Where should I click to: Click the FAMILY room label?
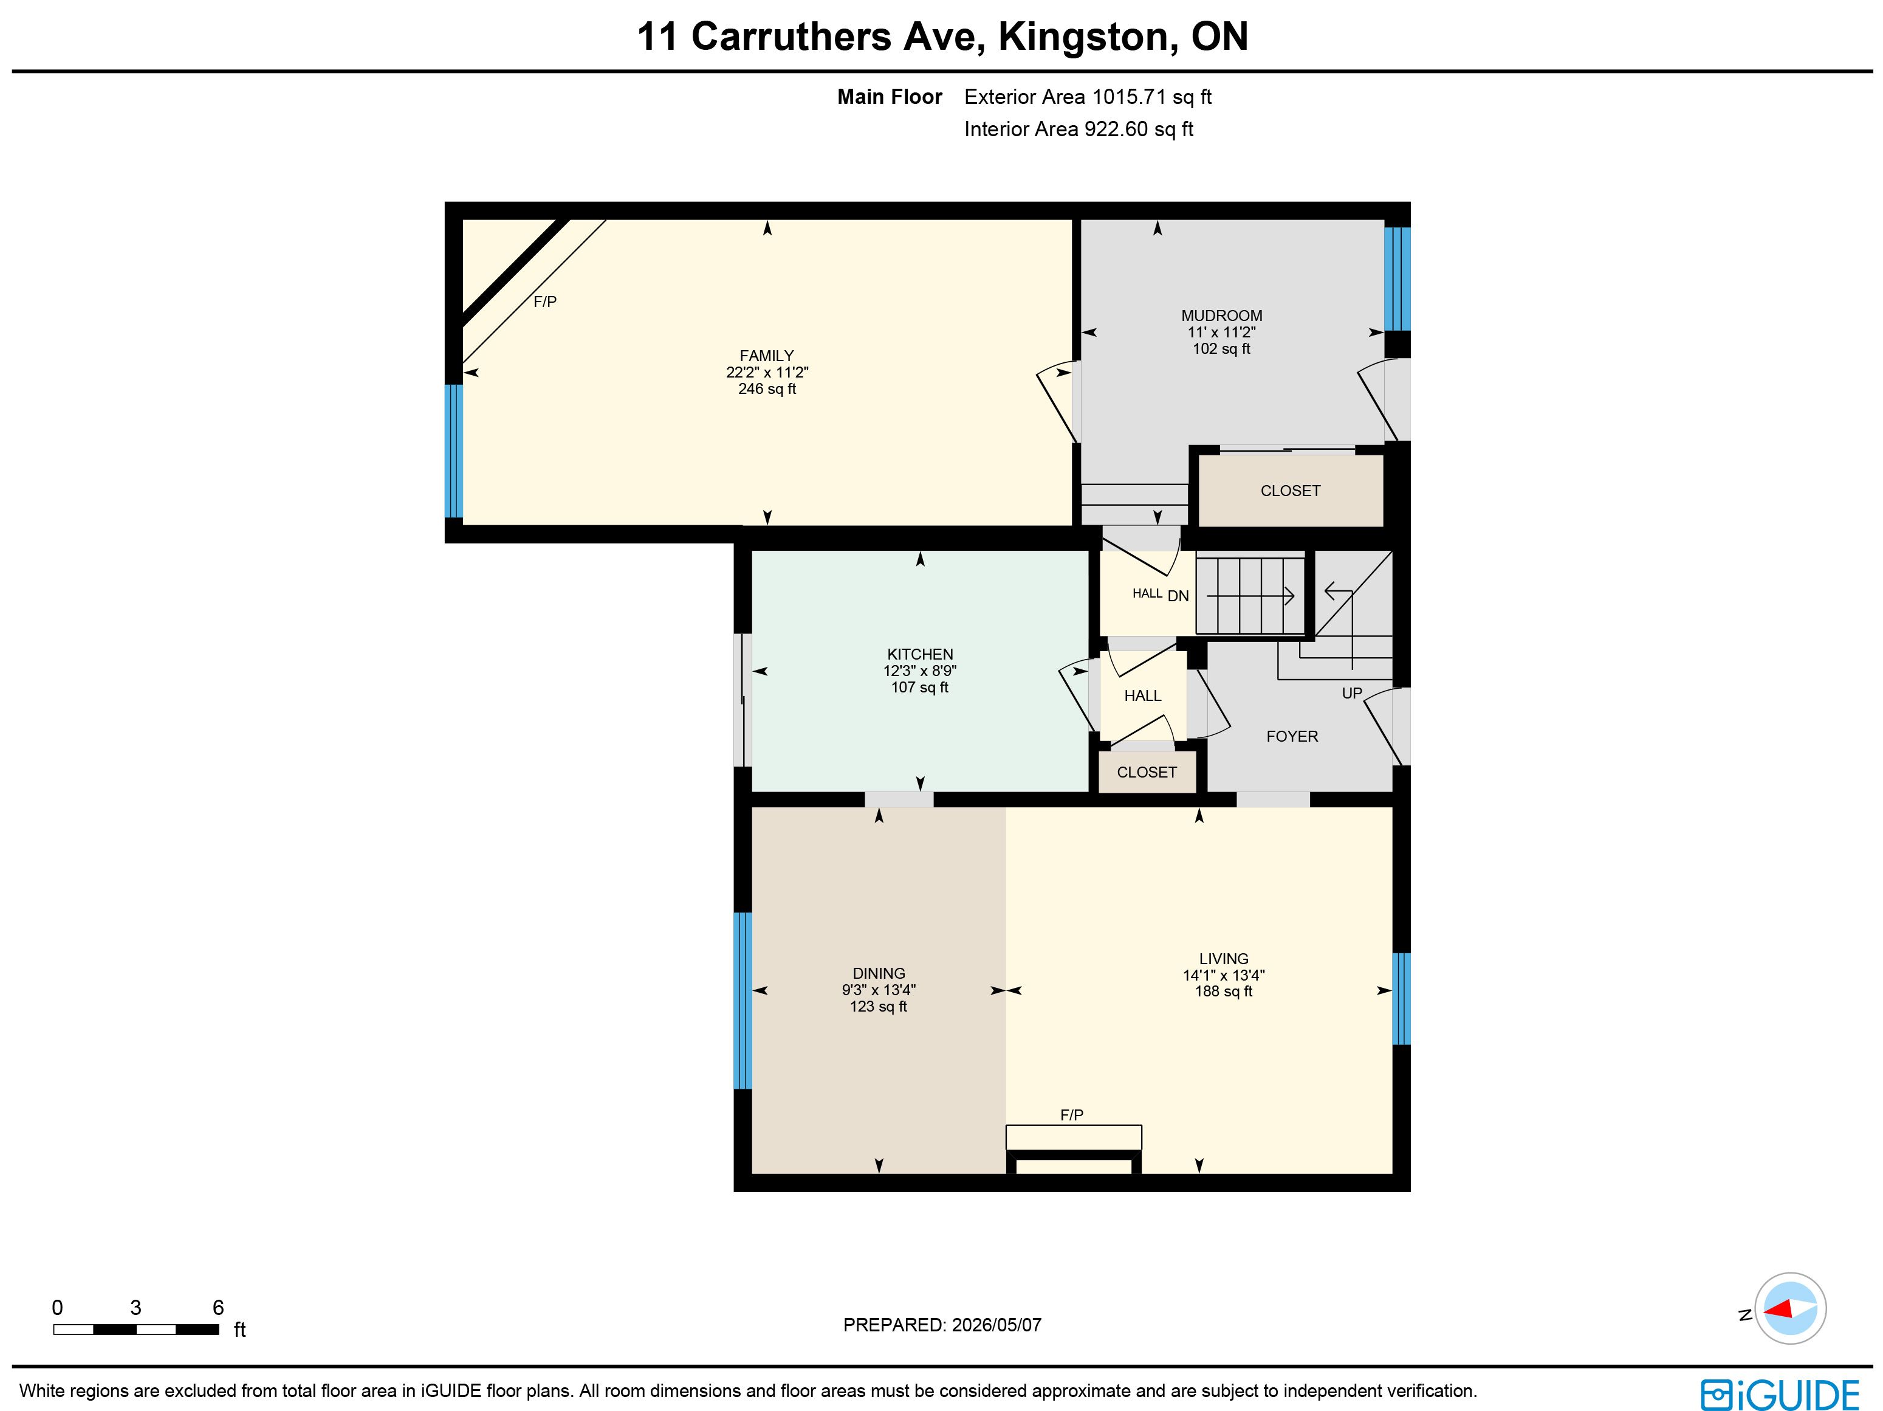coord(766,356)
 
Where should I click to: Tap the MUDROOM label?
coord(1221,316)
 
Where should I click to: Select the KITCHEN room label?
coord(920,654)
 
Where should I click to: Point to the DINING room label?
coord(879,973)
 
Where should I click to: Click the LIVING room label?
coord(1223,959)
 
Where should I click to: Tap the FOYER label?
coord(1291,737)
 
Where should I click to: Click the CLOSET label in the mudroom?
coord(1291,491)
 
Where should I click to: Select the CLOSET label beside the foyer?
coord(1147,772)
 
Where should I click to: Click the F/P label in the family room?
coord(545,302)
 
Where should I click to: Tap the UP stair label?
coord(1352,693)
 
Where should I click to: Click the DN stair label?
coord(1178,596)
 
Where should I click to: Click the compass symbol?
coord(1790,1308)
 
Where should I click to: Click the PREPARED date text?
coord(942,1325)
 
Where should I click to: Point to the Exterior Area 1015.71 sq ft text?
coord(1088,97)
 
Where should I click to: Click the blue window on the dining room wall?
coord(743,1001)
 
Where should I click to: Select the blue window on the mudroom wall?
coord(1397,278)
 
